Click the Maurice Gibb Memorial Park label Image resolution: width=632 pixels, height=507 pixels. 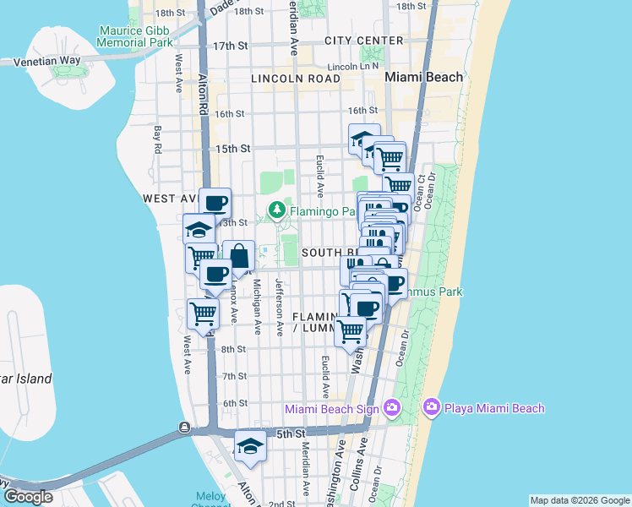136,35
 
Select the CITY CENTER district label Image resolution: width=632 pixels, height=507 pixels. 364,41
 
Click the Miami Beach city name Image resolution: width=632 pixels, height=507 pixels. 424,77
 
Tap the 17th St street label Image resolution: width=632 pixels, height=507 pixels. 231,46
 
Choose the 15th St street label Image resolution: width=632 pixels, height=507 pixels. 233,149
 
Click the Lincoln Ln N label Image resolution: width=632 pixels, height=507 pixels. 352,66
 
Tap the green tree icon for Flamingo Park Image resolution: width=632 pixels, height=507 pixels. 275,209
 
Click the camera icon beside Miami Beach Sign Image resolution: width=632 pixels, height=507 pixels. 391,408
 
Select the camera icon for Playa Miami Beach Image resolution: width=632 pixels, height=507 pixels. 432,408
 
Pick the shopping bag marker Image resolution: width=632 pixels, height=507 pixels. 239,255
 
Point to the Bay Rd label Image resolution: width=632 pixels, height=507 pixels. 158,140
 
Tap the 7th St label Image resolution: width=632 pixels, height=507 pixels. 234,376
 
